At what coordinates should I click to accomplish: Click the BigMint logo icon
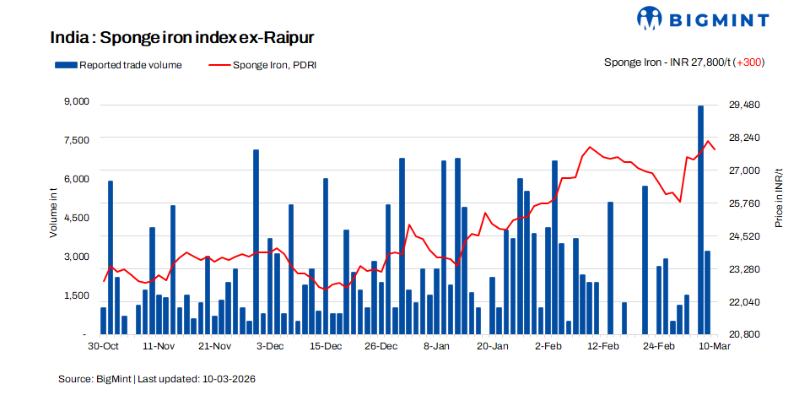pyautogui.click(x=651, y=18)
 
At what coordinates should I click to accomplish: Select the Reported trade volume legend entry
pyautogui.click(x=118, y=64)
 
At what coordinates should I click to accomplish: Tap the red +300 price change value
pyautogui.click(x=750, y=62)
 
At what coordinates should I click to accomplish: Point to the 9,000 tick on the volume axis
pyautogui.click(x=77, y=102)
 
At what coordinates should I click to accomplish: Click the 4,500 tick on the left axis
pyautogui.click(x=77, y=218)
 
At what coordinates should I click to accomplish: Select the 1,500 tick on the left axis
pyautogui.click(x=77, y=295)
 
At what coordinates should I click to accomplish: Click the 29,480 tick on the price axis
pyautogui.click(x=744, y=105)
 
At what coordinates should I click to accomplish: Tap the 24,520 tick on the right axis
pyautogui.click(x=744, y=236)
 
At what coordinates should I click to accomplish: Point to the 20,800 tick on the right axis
pyautogui.click(x=744, y=334)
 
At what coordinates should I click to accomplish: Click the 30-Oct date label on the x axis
pyautogui.click(x=103, y=346)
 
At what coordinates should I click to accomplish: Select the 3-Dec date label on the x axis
pyautogui.click(x=270, y=346)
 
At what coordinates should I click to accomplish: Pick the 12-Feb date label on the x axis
pyautogui.click(x=604, y=346)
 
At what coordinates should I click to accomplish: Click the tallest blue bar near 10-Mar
pyautogui.click(x=700, y=219)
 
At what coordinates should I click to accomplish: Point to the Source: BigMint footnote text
pyautogui.click(x=157, y=379)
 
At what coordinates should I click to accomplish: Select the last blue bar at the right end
pyautogui.click(x=707, y=291)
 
